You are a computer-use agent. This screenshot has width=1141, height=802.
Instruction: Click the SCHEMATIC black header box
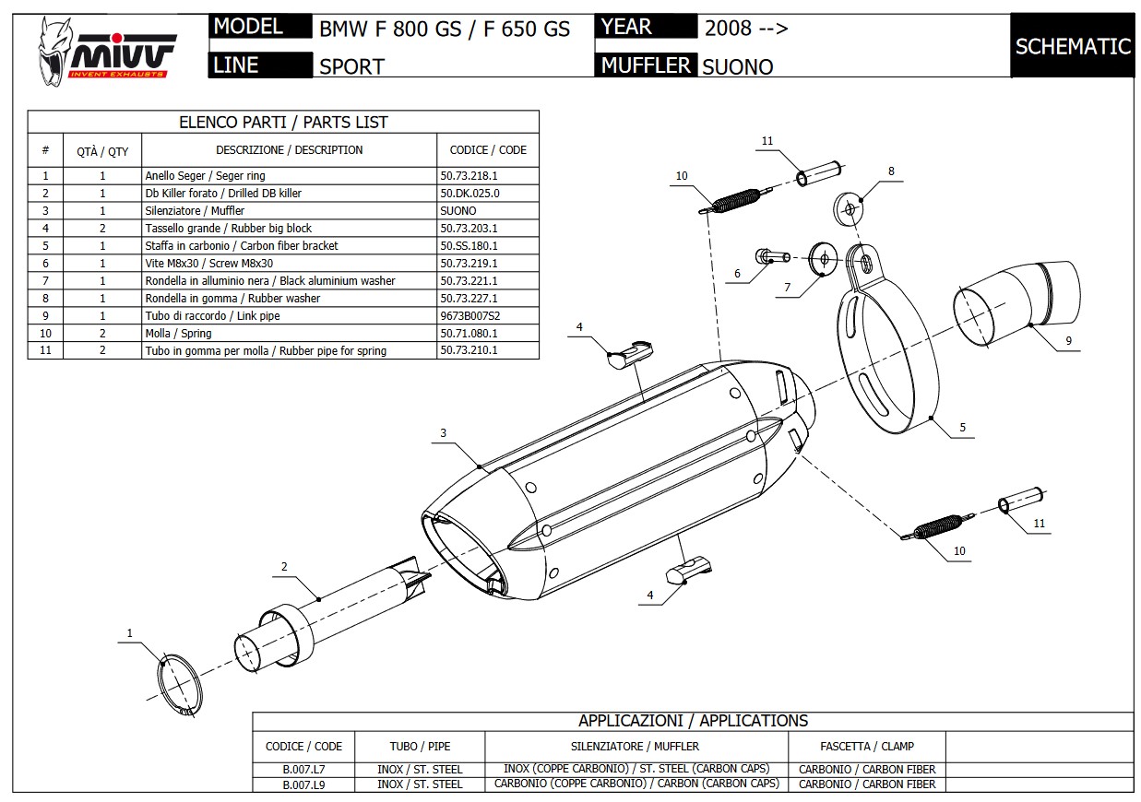coord(1072,46)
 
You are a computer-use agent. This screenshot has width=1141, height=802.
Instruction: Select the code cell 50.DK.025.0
coord(469,193)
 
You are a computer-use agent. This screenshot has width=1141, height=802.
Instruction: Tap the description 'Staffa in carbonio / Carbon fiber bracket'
coord(242,245)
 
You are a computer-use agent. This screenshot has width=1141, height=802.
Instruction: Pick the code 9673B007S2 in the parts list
coord(470,315)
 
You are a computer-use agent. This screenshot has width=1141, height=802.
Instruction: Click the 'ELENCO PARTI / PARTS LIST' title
coord(282,122)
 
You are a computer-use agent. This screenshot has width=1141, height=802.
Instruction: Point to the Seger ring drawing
coord(181,686)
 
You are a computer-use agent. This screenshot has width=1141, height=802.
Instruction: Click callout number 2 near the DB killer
coord(284,566)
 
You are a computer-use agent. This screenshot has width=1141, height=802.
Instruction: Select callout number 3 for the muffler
coord(443,432)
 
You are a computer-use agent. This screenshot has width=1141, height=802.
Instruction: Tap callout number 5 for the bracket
coord(962,427)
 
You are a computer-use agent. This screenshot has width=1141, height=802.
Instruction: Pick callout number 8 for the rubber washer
coord(891,171)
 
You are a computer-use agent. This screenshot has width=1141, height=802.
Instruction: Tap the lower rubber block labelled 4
coord(686,568)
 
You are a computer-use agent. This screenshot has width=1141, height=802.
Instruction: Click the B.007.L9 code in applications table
coord(303,784)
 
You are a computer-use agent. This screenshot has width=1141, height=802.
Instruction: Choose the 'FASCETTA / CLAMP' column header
coord(866,746)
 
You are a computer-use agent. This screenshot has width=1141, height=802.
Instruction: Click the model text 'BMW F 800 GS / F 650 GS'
coord(445,29)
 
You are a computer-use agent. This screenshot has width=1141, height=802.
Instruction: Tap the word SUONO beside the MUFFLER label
coord(737,66)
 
